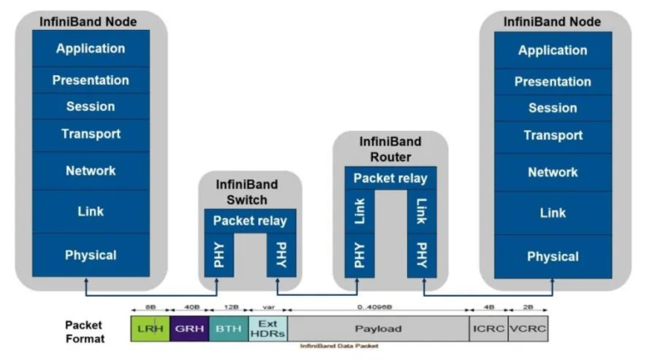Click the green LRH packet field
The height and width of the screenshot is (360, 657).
(150, 328)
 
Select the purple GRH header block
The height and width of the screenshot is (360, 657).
(189, 328)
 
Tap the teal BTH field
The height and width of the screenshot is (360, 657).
(228, 328)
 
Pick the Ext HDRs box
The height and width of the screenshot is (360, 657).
(267, 328)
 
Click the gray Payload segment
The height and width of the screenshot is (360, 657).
(377, 328)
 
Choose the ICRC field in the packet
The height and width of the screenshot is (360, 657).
(488, 328)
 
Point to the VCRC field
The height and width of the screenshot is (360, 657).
(528, 328)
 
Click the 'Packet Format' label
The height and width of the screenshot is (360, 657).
(85, 332)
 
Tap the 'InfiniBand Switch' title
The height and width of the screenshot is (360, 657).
(250, 192)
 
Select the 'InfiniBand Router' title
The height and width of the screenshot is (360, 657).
(390, 150)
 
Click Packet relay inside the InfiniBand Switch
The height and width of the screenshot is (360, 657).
(250, 221)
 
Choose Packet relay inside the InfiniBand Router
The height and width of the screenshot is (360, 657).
(390, 178)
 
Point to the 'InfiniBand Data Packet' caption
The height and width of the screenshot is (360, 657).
(339, 345)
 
